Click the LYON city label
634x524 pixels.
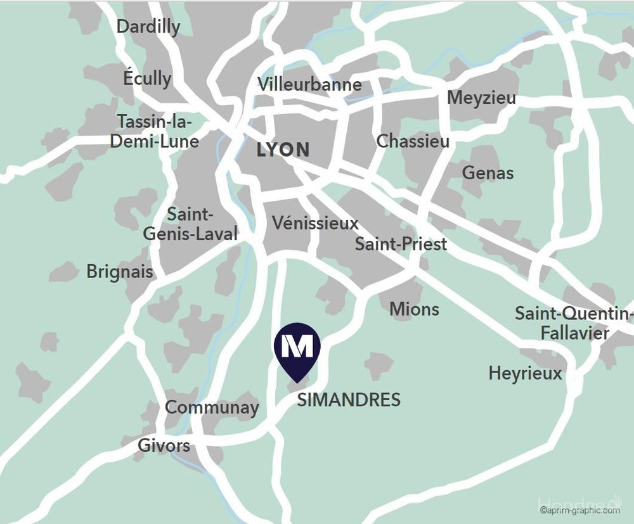[283, 150]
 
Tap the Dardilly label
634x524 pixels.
[148, 27]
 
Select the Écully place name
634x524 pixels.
[147, 79]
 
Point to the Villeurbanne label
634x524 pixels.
[309, 84]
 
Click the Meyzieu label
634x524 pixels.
[481, 98]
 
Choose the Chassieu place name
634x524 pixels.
[413, 141]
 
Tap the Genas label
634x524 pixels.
[488, 172]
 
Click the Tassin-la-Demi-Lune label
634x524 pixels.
[155, 131]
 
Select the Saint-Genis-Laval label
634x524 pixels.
[190, 224]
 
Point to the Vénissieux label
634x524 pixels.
[315, 223]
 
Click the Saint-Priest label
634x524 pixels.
[401, 244]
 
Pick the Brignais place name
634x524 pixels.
[120, 272]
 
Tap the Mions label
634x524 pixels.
[414, 309]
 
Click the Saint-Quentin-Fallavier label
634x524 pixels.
[573, 323]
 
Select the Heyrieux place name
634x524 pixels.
[525, 373]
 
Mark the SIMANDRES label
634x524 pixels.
[349, 400]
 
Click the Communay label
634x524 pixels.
[212, 407]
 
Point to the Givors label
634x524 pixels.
[164, 445]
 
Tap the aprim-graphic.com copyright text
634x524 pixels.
[579, 510]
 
